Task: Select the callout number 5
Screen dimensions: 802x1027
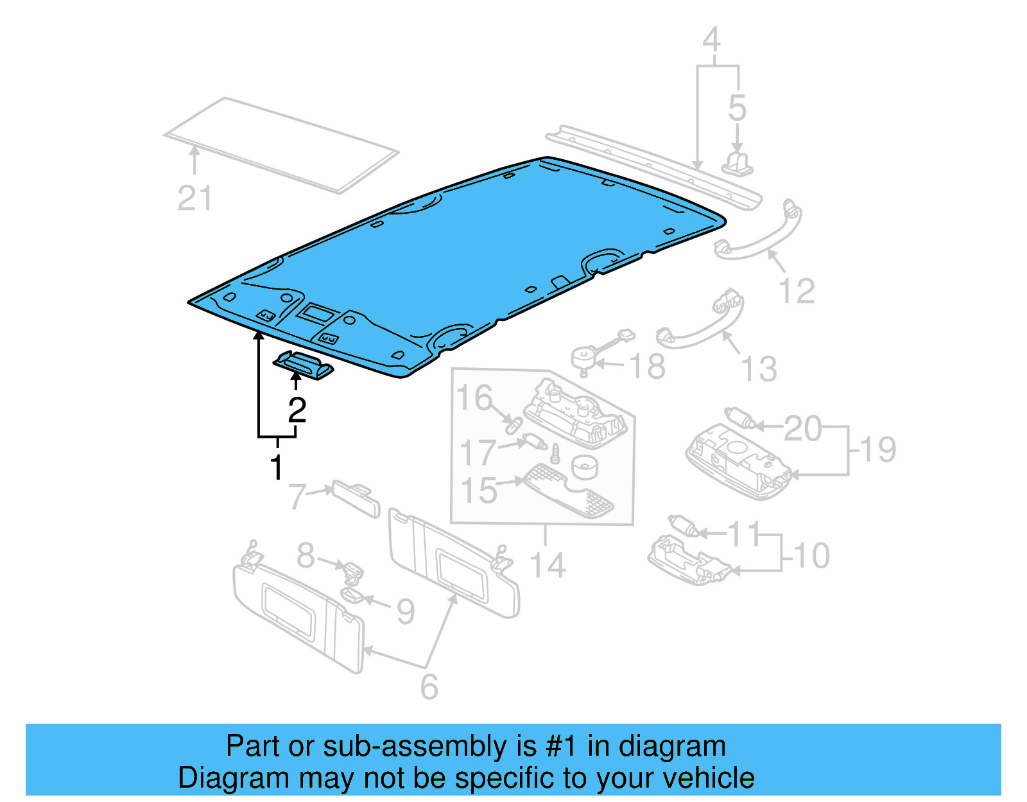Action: pos(737,108)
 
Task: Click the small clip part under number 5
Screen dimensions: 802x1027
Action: pos(738,163)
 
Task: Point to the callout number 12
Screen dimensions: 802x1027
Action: pos(797,291)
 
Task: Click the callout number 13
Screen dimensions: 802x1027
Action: pos(759,369)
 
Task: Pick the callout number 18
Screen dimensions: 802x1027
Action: pos(647,367)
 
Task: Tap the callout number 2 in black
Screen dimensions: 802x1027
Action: pos(297,410)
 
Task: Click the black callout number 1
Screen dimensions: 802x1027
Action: pos(277,467)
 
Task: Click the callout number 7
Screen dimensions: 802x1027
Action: pos(297,496)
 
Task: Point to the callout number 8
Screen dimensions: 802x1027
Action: pos(306,555)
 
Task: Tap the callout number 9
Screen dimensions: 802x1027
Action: pos(405,611)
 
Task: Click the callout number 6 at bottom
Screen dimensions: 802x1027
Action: pos(429,687)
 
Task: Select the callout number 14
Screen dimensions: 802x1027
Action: pos(547,566)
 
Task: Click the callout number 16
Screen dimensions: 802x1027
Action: pos(474,398)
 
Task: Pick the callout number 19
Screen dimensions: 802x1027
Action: pos(878,449)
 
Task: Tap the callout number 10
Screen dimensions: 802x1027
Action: pos(811,555)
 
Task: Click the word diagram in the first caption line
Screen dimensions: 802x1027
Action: pos(672,747)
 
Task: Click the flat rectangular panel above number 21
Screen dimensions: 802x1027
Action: pos(281,144)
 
